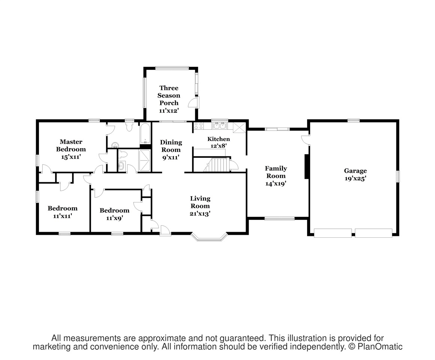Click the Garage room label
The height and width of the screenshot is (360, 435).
355,171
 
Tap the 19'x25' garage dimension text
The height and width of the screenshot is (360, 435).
355,178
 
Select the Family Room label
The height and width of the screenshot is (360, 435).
276,172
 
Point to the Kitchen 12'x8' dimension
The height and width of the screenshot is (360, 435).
219,145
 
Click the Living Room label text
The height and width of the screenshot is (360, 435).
200,202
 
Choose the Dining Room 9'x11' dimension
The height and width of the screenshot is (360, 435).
171,157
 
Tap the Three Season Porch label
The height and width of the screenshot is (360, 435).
169,95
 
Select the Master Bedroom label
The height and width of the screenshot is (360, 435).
71,145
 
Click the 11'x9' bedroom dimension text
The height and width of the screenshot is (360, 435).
115,218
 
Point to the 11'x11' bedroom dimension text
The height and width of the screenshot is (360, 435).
63,216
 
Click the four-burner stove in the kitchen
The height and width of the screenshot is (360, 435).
199,126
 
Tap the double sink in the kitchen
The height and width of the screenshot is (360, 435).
219,126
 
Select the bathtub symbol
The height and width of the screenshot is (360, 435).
145,133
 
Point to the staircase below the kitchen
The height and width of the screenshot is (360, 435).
217,165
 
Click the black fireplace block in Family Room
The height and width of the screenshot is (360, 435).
306,166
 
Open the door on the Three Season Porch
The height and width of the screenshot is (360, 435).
193,102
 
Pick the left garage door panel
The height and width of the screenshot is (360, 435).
333,233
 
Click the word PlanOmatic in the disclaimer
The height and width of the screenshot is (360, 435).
380,346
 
